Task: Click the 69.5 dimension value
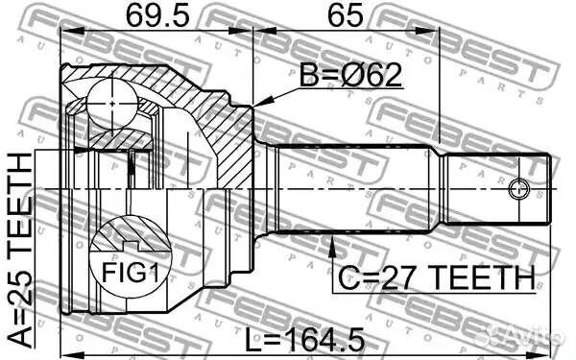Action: [x=156, y=16]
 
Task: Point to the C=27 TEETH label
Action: [x=434, y=277]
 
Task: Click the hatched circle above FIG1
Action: [x=130, y=235]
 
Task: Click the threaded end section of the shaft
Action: [x=499, y=188]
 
